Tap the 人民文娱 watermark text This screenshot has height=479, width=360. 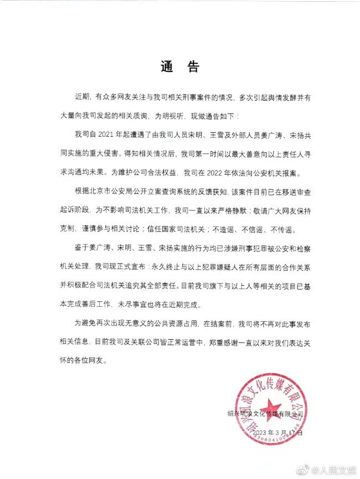point(335,468)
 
